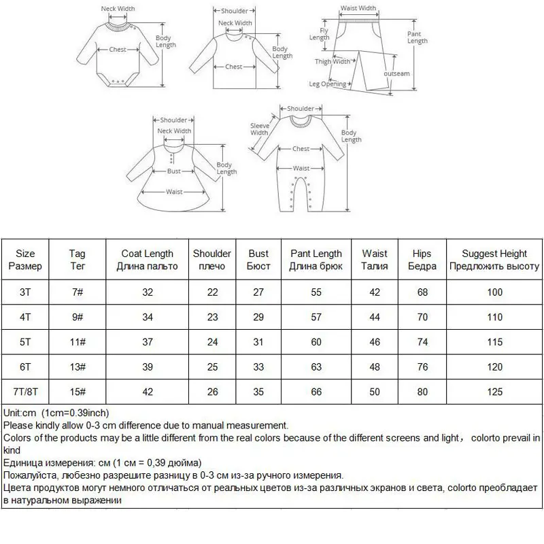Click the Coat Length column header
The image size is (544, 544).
[147, 260]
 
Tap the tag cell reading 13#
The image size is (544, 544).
[78, 367]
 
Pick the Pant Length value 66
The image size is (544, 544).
[316, 392]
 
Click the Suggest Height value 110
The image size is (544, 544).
[494, 318]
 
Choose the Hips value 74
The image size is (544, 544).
[422, 343]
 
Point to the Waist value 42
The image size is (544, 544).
[375, 292]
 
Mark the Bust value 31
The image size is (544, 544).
[258, 343]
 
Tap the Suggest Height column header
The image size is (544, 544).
[494, 260]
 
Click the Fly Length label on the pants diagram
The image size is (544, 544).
[320, 34]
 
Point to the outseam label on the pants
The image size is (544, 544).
[398, 73]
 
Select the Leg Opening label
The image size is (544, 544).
[328, 84]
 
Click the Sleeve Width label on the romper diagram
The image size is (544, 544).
[259, 129]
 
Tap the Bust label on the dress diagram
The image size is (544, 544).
[174, 171]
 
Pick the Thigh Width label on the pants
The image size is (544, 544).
[333, 62]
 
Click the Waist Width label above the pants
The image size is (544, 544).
[358, 9]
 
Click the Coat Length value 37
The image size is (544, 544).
[147, 343]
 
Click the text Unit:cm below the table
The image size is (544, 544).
[20, 413]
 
